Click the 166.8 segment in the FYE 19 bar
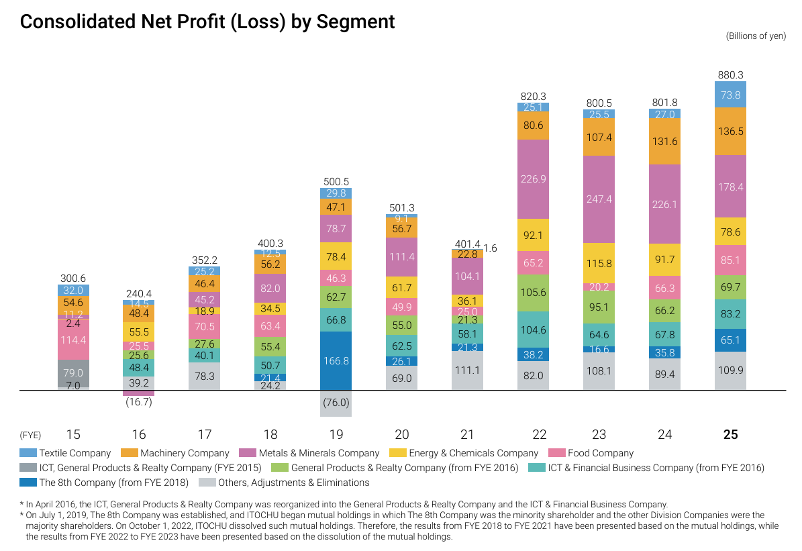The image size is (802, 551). [336, 360]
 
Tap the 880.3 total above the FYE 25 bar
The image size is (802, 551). [730, 75]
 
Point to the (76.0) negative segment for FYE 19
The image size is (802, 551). [336, 403]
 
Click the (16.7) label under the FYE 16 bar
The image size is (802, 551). [139, 402]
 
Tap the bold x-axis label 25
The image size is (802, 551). [730, 435]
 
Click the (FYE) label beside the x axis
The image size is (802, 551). [31, 435]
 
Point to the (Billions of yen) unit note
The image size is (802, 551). [755, 36]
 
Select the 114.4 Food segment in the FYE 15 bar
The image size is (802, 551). [74, 340]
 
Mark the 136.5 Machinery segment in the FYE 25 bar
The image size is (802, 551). [730, 132]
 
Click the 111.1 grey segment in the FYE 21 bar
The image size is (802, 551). [467, 370]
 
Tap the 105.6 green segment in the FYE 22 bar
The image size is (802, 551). [533, 293]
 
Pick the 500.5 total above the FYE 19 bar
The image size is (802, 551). [336, 182]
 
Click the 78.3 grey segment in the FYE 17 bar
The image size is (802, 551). [205, 377]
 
